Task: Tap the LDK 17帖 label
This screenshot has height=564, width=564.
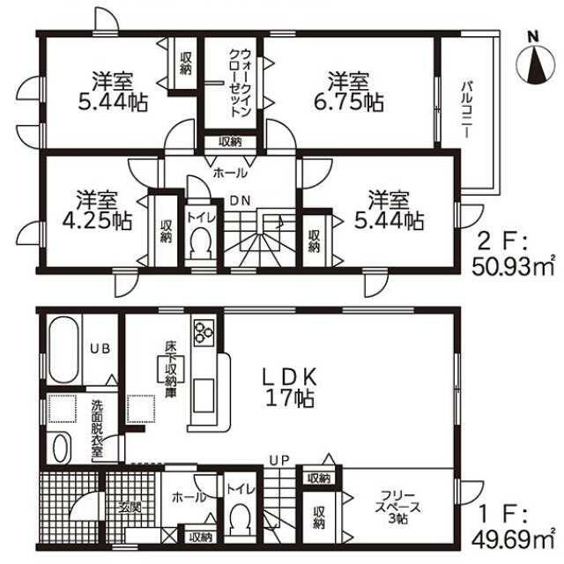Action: coord(290,388)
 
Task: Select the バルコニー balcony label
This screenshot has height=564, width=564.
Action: coord(467,110)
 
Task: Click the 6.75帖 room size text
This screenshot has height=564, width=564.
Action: coord(349,103)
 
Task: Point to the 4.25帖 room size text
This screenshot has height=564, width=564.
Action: coord(98,220)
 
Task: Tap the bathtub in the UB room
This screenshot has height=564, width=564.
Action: coord(63,350)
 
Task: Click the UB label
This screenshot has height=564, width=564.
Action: coord(100,348)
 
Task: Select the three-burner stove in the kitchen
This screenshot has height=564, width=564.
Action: coord(204,331)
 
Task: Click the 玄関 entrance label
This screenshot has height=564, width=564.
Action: coord(130,508)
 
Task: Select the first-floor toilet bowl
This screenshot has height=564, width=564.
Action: coord(240,520)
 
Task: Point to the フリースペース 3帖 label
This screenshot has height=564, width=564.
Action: coord(397,508)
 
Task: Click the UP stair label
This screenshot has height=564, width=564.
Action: coord(279,460)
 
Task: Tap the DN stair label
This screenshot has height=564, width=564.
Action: coord(240,200)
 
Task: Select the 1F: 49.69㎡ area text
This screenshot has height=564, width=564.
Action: coord(512,529)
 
